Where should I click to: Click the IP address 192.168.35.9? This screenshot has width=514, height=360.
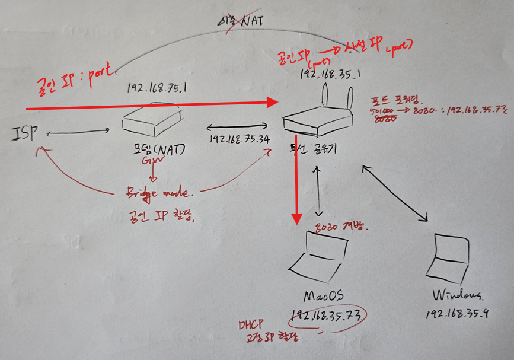tap(456, 314)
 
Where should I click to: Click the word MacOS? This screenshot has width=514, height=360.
tap(323, 295)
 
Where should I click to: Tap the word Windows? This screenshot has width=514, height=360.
tap(458, 295)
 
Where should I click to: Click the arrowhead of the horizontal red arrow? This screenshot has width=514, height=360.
tap(274, 103)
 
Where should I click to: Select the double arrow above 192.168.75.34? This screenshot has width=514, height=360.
tap(237, 126)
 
